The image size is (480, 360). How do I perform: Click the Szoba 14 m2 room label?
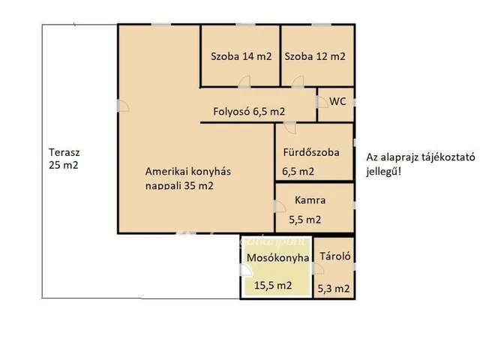tap(241, 56)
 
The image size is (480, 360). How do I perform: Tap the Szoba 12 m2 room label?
tap(315, 56)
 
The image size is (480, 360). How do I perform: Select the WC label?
tap(337, 101)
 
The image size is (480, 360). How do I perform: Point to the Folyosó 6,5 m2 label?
tap(249, 112)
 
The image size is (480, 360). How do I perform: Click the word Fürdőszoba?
tap(311, 152)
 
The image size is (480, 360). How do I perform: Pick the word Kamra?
tap(310, 200)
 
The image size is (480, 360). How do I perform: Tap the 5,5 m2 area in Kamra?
tap(305, 220)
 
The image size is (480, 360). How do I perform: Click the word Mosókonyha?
tap(278, 258)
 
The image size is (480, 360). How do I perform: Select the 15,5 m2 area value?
tap(273, 286)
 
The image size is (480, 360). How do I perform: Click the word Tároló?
tap(335, 256)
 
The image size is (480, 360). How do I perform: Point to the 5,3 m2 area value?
tap(333, 288)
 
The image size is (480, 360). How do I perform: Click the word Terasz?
tap(64, 152)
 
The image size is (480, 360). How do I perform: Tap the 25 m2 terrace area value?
tap(64, 165)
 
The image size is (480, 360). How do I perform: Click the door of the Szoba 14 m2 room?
tap(244, 82)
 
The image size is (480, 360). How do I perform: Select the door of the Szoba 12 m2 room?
tap(298, 82)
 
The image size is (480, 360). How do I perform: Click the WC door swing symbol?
tap(322, 102)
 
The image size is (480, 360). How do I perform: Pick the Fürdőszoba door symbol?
tap(289, 127)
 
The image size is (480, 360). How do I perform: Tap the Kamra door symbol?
tap(280, 207)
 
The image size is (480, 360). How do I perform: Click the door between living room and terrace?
tap(123, 106)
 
